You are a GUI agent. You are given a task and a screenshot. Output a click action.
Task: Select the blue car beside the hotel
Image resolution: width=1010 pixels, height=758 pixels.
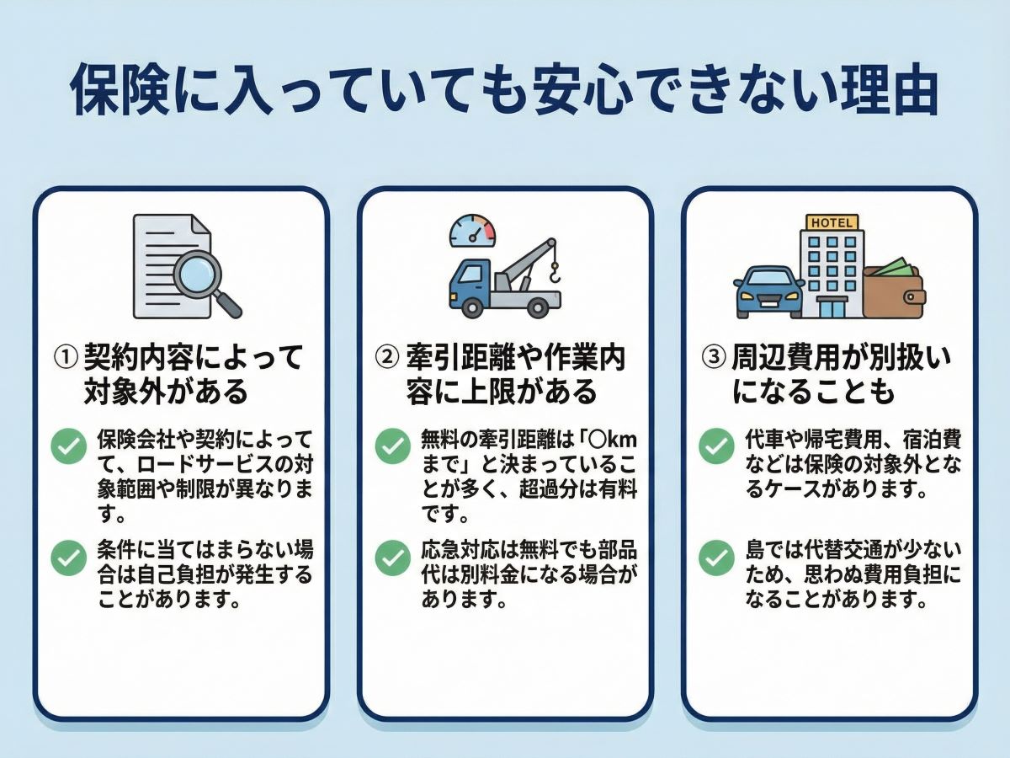[x=768, y=291]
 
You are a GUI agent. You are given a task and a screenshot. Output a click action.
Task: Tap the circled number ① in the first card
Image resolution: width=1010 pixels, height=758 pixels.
[x=66, y=358]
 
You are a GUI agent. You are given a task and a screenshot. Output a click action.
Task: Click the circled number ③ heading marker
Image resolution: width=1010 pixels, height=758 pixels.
[x=713, y=358]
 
